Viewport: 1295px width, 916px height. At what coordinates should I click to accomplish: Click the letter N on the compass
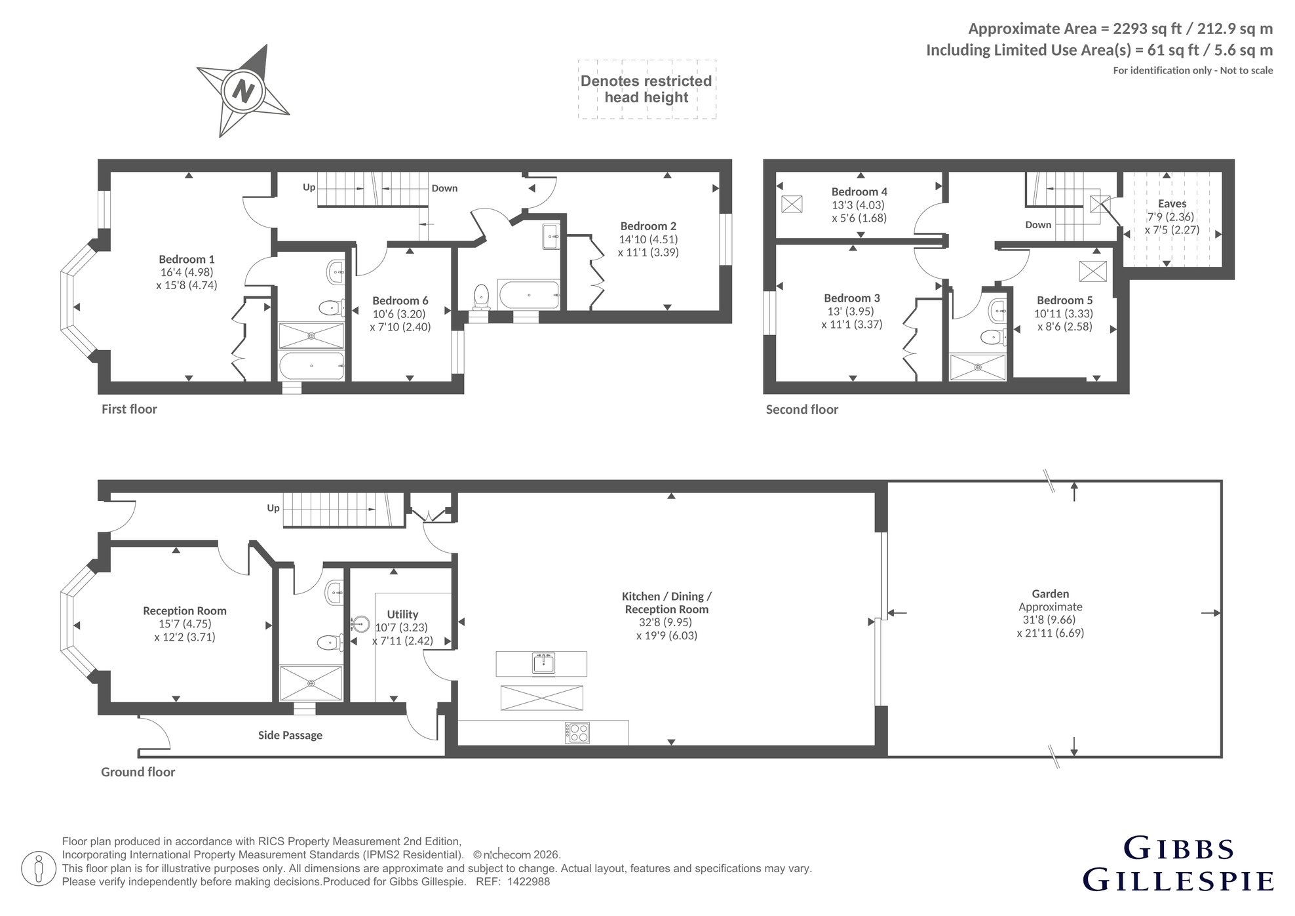(244, 90)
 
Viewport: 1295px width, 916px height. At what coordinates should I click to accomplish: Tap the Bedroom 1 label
(187, 260)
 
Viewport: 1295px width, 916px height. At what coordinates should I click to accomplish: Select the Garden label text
(1050, 594)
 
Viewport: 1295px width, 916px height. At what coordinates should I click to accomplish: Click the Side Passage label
(290, 736)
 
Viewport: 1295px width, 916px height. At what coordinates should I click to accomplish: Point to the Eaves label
(1172, 204)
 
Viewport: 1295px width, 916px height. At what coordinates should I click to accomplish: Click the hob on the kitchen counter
(577, 732)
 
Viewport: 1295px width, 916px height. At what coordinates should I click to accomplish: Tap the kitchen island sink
(544, 664)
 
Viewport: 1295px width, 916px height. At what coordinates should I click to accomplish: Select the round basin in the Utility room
(360, 624)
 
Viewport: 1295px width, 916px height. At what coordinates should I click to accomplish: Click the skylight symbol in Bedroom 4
(792, 204)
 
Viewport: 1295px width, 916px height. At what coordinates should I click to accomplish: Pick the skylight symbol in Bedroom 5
(1092, 271)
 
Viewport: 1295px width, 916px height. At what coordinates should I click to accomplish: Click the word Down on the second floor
(1038, 225)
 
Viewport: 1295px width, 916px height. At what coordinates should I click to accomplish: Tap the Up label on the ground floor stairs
(273, 508)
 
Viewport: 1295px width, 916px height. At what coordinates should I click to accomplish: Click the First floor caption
(129, 409)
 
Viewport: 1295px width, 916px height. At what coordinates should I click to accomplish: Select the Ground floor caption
(138, 772)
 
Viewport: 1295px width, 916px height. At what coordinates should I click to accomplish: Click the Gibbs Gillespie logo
(1178, 864)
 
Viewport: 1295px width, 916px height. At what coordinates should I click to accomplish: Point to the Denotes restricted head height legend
(647, 89)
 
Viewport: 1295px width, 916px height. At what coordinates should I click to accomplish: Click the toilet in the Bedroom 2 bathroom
(482, 296)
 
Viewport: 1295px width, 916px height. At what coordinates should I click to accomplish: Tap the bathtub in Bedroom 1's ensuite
(311, 366)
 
